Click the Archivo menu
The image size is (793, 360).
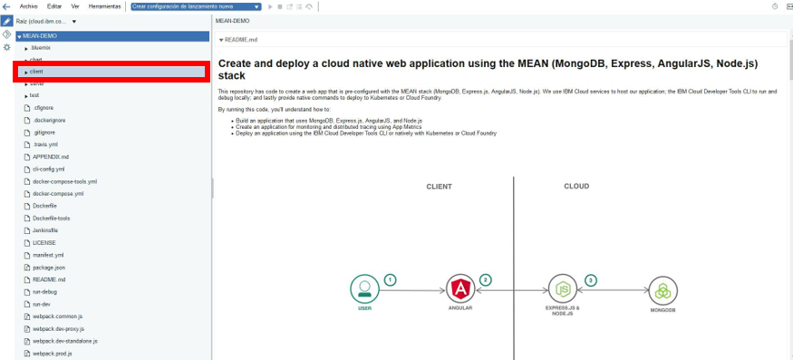29,6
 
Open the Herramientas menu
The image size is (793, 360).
105,6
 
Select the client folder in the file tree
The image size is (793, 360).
36,71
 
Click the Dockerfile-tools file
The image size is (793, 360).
51,219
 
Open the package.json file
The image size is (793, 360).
48,268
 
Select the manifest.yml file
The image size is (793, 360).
48,255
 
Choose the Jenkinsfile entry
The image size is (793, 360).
45,230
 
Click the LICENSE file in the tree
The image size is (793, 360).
44,243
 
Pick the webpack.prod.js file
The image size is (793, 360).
52,353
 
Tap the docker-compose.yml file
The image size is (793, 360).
58,193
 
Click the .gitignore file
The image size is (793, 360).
44,132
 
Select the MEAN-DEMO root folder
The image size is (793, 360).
39,36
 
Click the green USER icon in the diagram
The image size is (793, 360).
364,289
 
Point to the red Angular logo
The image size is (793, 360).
461,289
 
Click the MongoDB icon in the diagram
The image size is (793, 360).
662,290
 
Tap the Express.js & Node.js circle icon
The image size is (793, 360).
562,289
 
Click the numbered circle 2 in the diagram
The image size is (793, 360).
486,280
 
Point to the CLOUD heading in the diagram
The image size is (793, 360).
576,187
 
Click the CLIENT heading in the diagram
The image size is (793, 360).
439,187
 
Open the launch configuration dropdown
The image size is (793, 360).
195,6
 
